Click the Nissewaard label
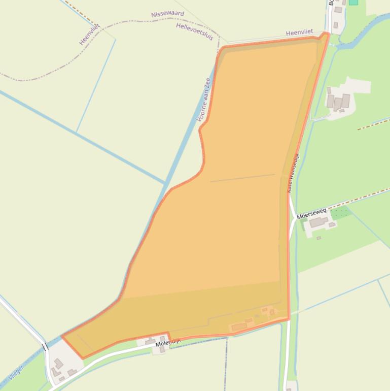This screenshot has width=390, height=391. tap(167, 14)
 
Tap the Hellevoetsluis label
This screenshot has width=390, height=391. tap(195, 31)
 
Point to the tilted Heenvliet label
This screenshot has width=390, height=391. tap(89, 34)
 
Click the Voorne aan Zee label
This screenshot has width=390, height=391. tap(203, 100)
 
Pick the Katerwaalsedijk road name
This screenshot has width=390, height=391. tap(293, 173)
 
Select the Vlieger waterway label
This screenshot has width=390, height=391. tap(16, 373)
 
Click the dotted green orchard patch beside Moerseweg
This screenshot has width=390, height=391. tap(340, 212)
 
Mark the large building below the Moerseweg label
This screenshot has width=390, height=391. tap(318, 222)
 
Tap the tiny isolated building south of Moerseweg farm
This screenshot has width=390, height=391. tap(318, 238)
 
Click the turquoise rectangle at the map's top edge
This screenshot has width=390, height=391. tap(353, 2)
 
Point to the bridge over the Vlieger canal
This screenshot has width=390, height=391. tap(45, 347)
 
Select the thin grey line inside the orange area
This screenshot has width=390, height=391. tap(242, 178)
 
